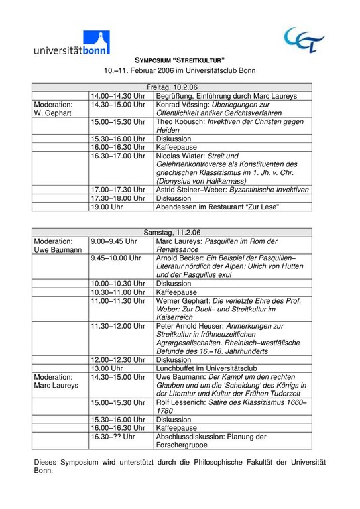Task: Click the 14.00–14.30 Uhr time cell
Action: (x=118, y=96)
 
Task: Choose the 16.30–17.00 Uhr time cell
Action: (x=118, y=156)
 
